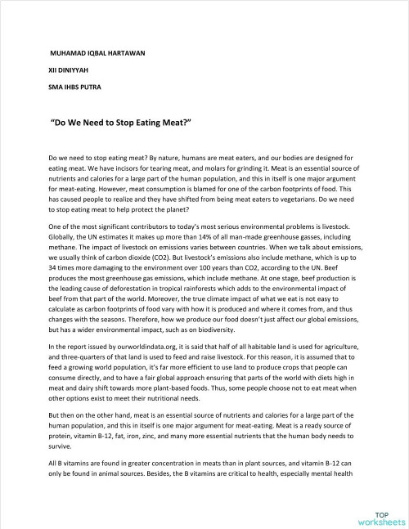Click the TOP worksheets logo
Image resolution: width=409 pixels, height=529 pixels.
pyautogui.click(x=375, y=515)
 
